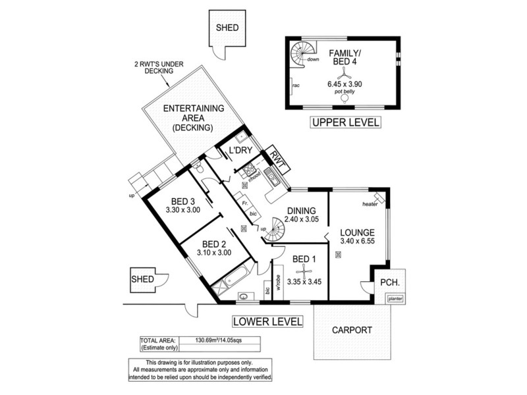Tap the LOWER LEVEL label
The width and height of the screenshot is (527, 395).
267,322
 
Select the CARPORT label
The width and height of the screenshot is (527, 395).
352,330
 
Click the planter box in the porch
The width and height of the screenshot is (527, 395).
395,298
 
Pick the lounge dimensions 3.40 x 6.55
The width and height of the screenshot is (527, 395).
358,243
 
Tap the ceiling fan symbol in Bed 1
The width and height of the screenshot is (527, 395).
296,269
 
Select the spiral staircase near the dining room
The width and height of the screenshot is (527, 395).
275,230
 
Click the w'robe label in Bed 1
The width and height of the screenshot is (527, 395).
279,284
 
